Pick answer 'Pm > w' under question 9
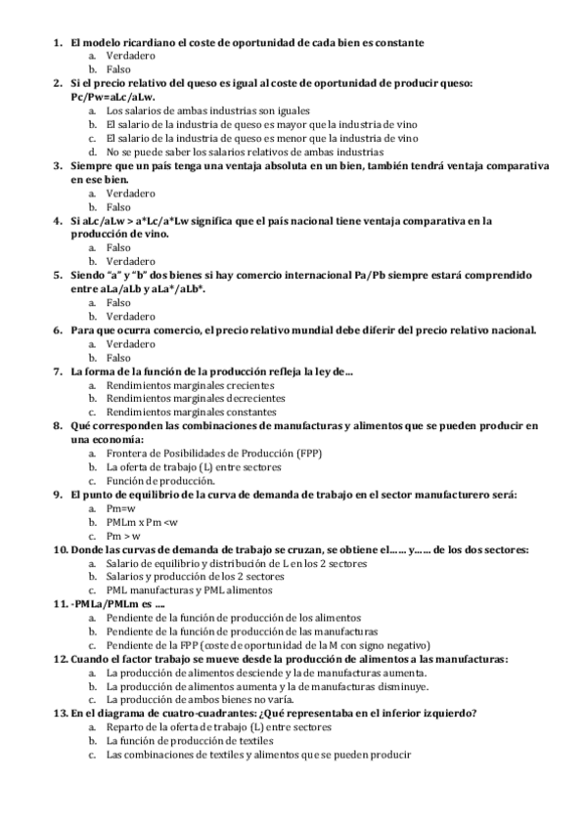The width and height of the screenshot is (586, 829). tap(123, 535)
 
